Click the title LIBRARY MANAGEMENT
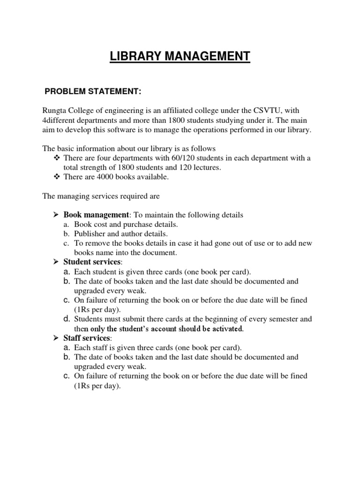(180, 57)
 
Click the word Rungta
(55, 111)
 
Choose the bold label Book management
(96, 215)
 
